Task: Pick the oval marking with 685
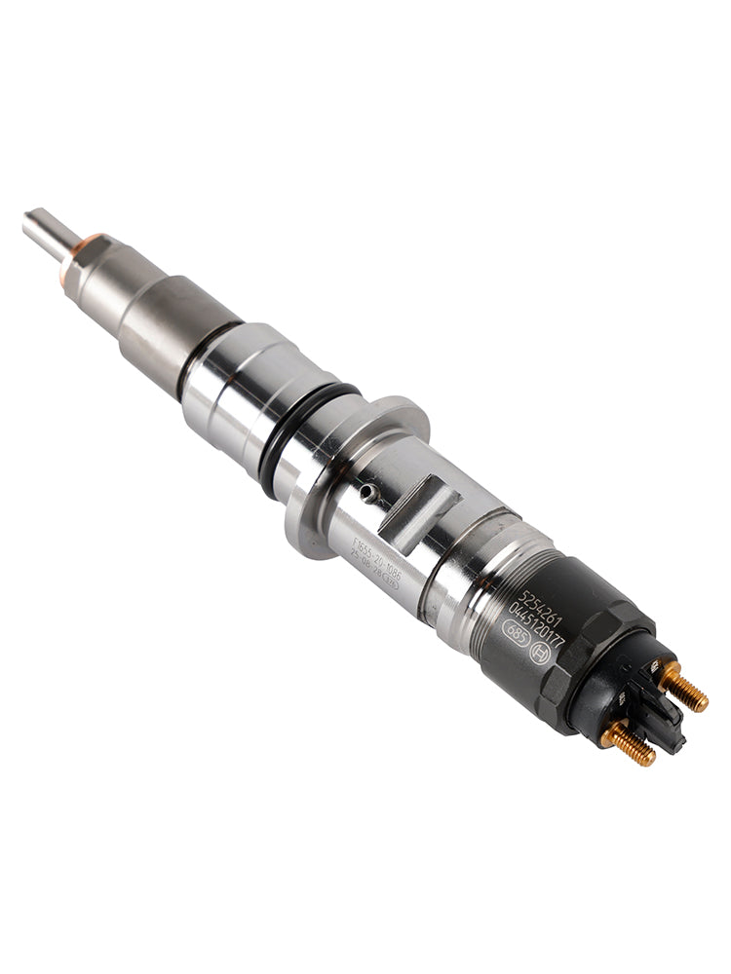(516, 634)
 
